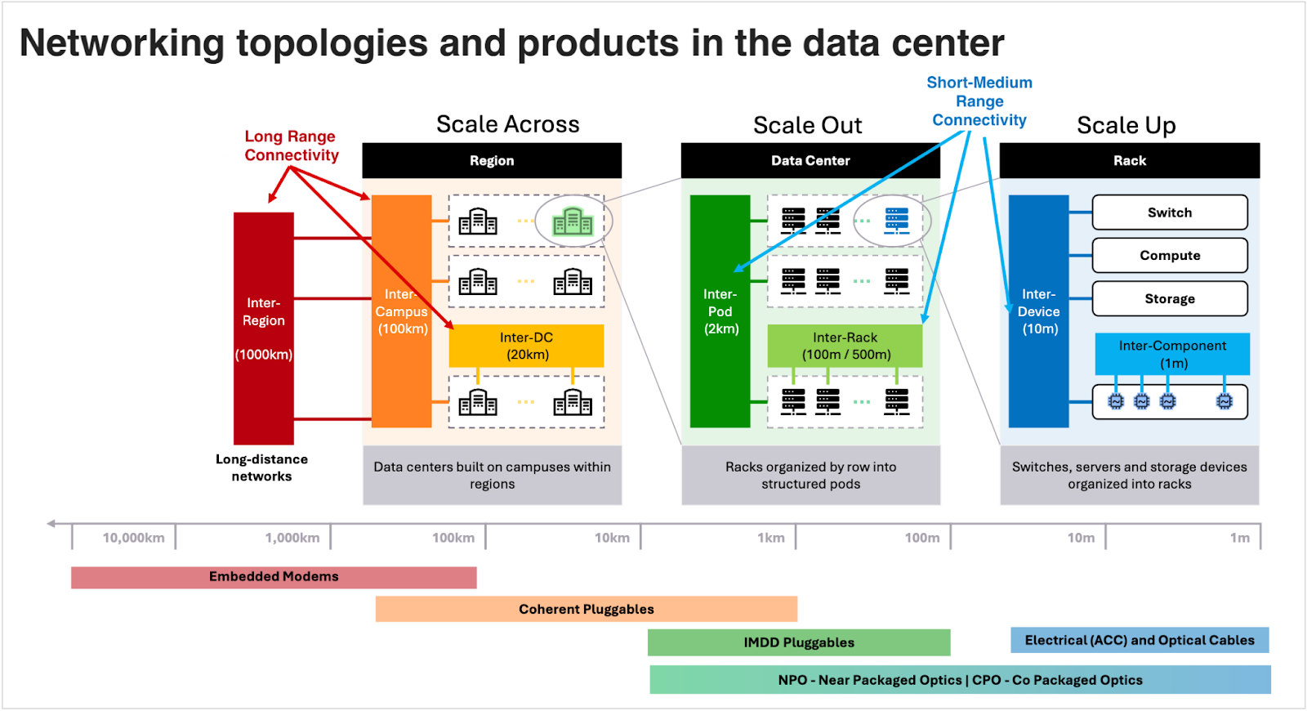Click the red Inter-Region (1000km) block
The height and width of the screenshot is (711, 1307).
(x=263, y=329)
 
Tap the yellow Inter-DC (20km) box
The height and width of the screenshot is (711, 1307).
(x=526, y=346)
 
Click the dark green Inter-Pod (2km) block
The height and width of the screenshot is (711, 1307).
(x=720, y=311)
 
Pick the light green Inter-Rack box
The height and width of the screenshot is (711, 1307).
(x=845, y=346)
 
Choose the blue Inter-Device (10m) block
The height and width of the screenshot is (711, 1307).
(x=1038, y=311)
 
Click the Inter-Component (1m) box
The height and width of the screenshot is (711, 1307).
(x=1171, y=354)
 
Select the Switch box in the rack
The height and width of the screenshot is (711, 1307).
(x=1169, y=212)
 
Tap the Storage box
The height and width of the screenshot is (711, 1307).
(x=1169, y=299)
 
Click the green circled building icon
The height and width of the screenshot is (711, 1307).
(x=573, y=221)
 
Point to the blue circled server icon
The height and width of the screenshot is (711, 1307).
(x=896, y=221)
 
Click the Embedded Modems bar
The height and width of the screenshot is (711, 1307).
(x=274, y=577)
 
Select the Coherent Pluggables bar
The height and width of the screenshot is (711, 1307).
(x=586, y=610)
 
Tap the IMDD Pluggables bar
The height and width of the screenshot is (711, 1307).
(x=798, y=643)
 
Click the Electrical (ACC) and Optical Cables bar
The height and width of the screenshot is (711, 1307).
(x=1139, y=641)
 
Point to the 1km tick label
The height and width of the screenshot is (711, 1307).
(x=770, y=538)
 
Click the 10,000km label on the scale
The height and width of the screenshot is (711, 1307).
(x=133, y=538)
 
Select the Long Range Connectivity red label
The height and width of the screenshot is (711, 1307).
(x=291, y=146)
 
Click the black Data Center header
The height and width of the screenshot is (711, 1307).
(x=810, y=161)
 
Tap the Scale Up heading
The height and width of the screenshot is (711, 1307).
(x=1126, y=125)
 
